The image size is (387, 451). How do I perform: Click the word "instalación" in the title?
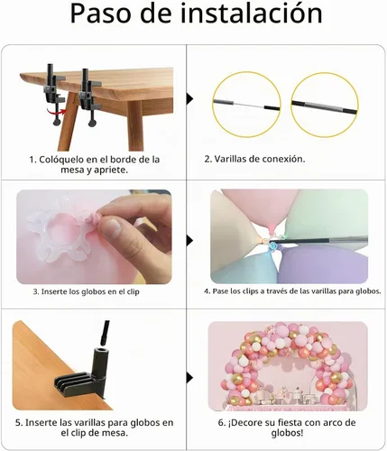point(251,14)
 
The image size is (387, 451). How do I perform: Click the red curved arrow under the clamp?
point(56,112)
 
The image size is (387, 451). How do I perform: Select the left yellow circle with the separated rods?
point(247,105)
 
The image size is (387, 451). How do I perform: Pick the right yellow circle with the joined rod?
point(325,105)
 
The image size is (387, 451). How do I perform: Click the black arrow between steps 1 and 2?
point(189,98)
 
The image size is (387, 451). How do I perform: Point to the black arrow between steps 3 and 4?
point(189,240)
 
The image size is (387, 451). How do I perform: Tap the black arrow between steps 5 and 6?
point(189,378)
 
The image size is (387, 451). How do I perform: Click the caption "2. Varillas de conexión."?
point(254,159)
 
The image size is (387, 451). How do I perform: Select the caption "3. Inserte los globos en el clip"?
point(86,291)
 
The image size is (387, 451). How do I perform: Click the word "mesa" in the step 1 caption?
point(72,170)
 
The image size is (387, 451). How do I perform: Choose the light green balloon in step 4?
point(327,214)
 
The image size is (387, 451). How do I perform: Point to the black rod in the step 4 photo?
point(319,240)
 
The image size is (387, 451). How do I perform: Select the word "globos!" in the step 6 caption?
point(287,433)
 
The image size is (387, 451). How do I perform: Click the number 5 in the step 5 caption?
point(18,423)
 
